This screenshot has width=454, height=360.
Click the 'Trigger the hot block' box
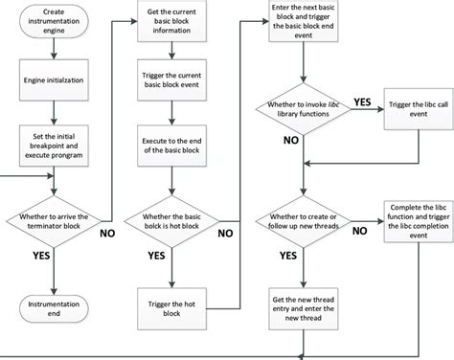(x=170, y=298)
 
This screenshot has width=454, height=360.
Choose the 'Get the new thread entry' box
(x=303, y=309)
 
